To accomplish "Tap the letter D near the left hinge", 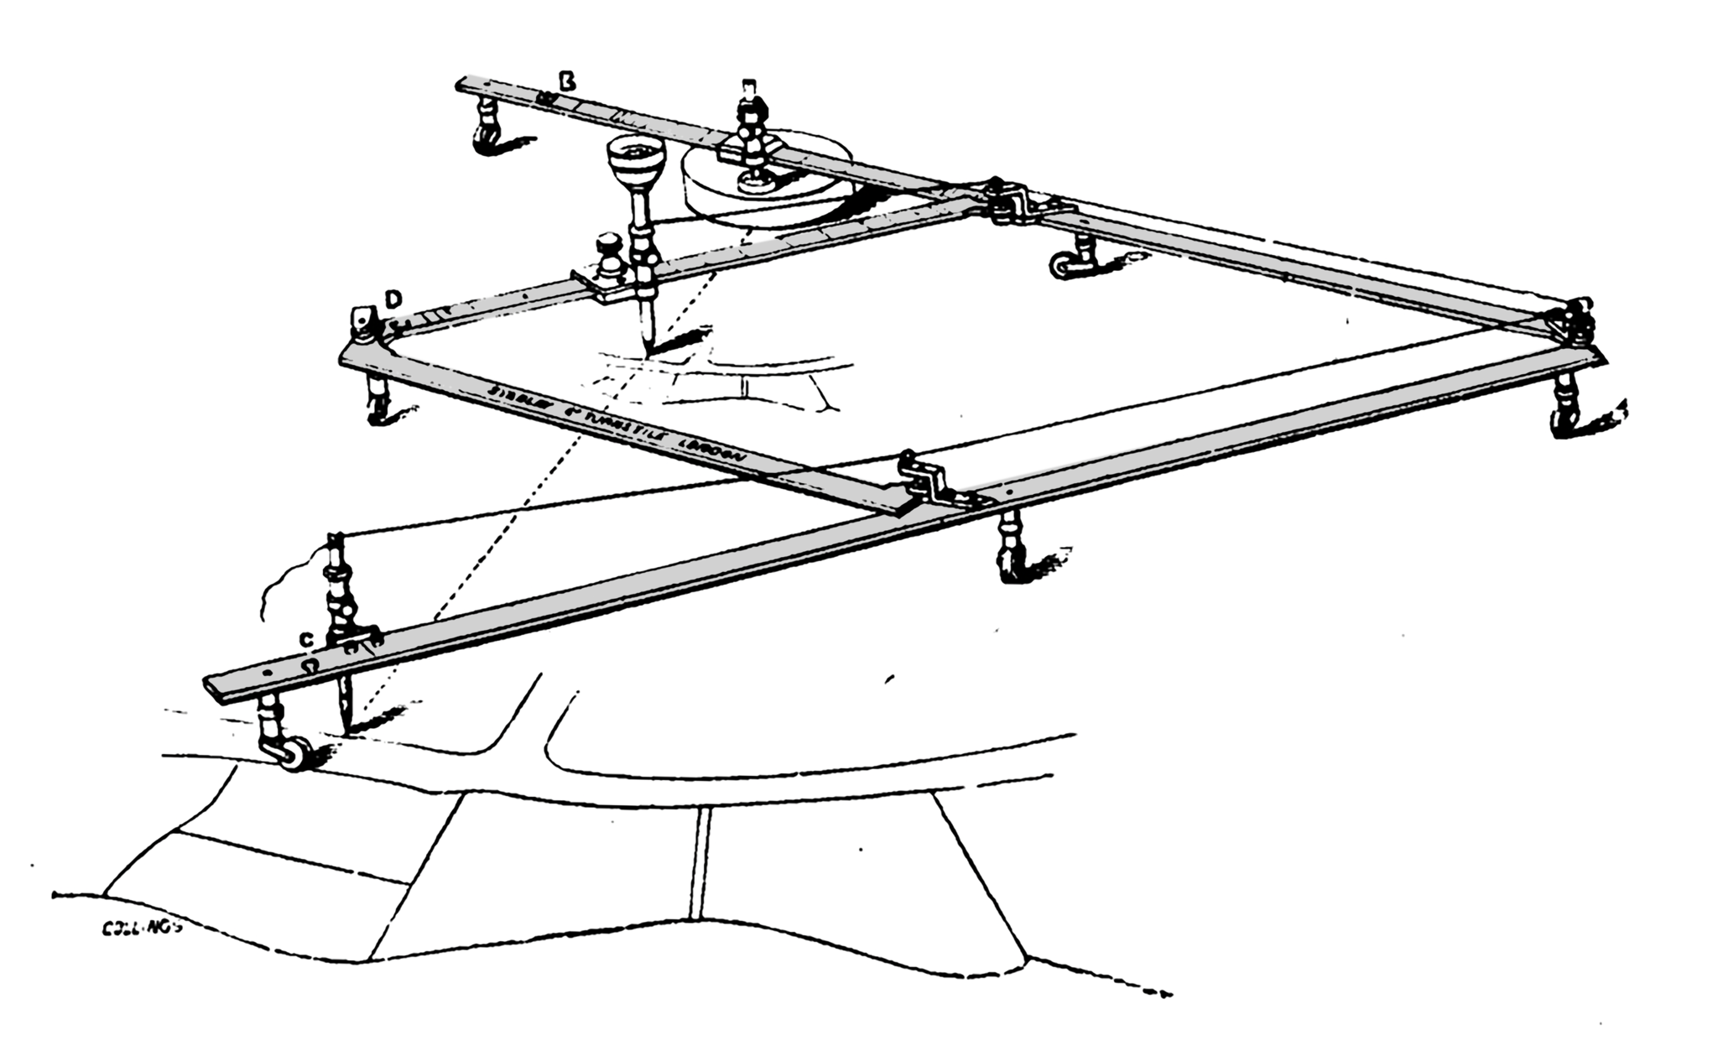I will pos(392,299).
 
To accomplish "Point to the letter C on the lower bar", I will pos(308,640).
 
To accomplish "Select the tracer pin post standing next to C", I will pos(340,596).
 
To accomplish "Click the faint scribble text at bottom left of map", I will pos(139,929).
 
